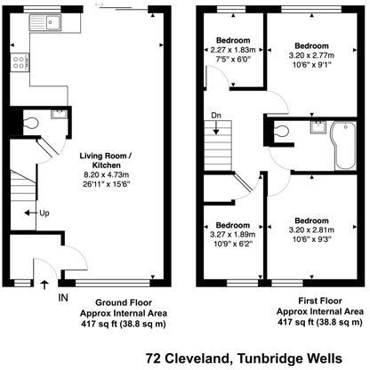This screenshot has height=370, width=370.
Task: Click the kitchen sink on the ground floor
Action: [45, 22]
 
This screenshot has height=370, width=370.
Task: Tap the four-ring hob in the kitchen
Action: [20, 62]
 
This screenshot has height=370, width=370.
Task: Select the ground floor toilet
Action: [30, 123]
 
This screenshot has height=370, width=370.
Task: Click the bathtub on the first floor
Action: [345, 146]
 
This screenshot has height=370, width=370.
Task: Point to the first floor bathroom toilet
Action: [281, 131]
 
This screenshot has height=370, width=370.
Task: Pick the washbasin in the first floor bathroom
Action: [318, 127]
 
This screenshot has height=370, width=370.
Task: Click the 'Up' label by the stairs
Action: [44, 213]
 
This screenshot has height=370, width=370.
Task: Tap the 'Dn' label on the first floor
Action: [216, 116]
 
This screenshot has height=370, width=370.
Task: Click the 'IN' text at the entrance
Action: [63, 297]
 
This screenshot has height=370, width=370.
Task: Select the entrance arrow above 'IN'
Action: [44, 286]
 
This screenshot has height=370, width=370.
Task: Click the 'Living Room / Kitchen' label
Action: [106, 160]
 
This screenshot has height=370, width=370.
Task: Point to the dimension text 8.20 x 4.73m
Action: [106, 175]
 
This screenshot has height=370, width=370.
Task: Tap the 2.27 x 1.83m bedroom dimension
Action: [233, 50]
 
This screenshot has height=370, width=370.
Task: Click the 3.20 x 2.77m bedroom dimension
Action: [311, 55]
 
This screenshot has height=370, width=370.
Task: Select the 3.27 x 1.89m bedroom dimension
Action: [233, 234]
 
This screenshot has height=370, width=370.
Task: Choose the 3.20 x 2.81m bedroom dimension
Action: [311, 229]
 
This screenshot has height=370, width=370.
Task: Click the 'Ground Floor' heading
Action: [124, 302]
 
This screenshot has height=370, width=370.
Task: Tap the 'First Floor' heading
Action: [320, 301]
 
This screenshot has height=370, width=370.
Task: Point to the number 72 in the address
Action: [153, 358]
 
